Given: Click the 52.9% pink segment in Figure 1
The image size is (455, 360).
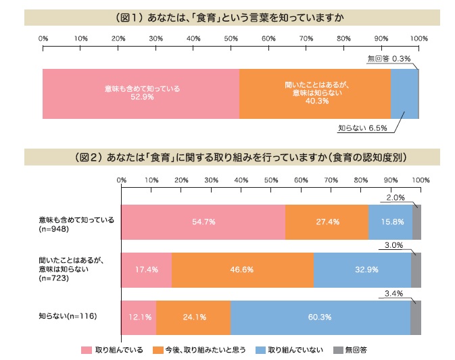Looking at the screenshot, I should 141,93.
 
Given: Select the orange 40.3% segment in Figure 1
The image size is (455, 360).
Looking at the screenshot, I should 315,93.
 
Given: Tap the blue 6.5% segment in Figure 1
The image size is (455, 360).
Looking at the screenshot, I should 404,93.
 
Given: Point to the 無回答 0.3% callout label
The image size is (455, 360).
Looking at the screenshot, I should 389,59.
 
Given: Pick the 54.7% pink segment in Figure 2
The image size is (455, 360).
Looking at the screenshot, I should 203,222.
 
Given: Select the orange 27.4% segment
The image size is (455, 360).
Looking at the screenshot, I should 327,222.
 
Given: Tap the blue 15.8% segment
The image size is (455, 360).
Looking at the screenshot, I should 390,222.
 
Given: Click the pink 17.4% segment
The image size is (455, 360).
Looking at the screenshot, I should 146,269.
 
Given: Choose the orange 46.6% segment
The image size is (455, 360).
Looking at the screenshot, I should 242,269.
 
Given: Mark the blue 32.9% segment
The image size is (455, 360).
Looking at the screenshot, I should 362,269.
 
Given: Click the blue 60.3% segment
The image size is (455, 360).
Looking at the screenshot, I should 320,317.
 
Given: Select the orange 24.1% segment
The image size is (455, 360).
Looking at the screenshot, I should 193,317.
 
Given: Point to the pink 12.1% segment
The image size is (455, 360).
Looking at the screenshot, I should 139,317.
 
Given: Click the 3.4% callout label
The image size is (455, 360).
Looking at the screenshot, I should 394,293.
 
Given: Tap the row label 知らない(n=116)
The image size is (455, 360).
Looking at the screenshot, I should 66,317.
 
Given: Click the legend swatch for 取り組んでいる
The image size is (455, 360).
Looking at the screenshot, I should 86,350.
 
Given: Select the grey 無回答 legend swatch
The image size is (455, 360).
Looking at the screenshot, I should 337,350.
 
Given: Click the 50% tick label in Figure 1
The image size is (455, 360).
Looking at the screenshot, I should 231,38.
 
